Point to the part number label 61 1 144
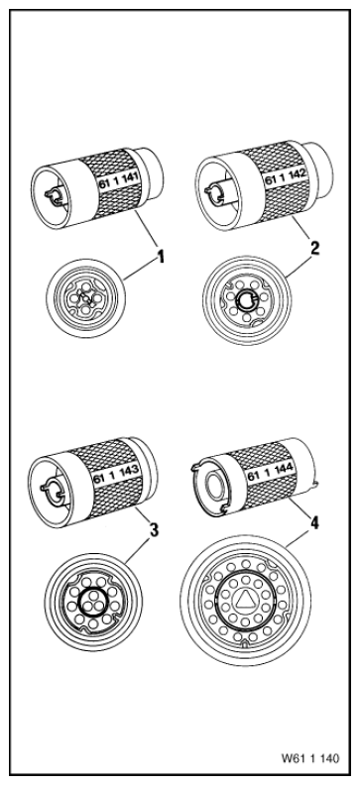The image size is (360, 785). (x=271, y=472)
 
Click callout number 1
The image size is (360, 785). (x=161, y=257)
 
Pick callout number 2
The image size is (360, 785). (x=314, y=249)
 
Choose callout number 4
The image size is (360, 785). (x=314, y=523)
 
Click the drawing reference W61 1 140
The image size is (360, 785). (x=310, y=758)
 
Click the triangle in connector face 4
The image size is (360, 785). (x=245, y=599)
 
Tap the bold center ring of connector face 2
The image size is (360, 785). (x=246, y=301)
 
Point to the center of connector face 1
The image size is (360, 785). (x=85, y=298)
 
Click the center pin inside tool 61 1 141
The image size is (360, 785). (x=54, y=195)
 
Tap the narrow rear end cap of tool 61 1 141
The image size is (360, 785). (x=152, y=172)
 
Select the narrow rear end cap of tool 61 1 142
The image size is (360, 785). (x=320, y=168)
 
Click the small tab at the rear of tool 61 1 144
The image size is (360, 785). (x=315, y=483)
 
